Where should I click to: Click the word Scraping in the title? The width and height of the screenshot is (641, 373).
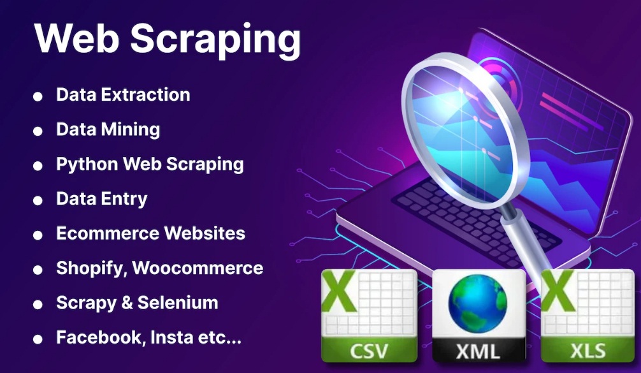215,40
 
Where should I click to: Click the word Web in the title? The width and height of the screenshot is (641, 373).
76,38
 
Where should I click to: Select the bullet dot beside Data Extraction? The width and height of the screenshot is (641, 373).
38,96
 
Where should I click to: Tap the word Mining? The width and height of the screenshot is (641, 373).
131,130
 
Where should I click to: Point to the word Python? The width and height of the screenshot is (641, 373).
87,165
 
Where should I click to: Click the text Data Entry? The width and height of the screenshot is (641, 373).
102,199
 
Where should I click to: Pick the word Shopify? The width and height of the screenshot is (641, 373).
92,268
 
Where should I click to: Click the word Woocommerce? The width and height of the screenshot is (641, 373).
198,268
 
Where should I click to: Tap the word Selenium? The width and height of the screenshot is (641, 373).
178,303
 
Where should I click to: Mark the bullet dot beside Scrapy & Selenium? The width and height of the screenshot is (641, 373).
38,305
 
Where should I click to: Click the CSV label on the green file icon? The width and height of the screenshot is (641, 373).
368,351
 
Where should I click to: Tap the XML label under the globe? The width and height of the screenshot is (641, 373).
479,352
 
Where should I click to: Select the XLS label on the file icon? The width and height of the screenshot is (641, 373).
588,351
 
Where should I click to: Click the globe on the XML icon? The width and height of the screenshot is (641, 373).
477,303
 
